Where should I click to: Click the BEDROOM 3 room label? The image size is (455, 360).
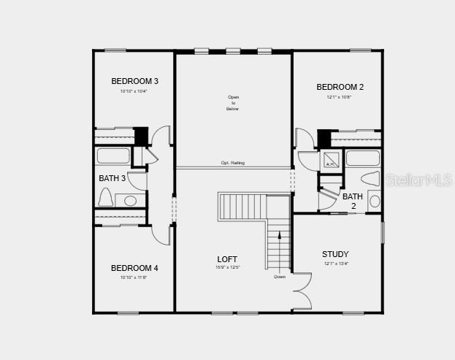tap(134, 81)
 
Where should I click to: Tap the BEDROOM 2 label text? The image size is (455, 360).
tap(340, 87)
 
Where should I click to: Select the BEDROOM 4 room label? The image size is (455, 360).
tap(134, 268)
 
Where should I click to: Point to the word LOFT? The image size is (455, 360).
tap(227, 259)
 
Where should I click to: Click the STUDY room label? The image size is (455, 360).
tap(335, 254)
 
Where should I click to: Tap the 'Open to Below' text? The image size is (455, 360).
tap(233, 103)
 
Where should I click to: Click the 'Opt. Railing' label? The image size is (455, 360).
tap(233, 163)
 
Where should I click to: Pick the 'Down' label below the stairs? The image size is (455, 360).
tap(280, 277)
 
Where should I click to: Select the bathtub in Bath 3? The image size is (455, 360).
tap(113, 156)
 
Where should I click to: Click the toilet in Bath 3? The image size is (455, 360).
tap(105, 198)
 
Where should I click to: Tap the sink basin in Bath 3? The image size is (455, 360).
tap(131, 200)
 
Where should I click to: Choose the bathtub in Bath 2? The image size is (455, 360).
tap(362, 158)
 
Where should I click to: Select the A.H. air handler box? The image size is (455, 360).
tap(329, 161)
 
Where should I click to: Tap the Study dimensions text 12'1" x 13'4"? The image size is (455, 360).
tap(336, 264)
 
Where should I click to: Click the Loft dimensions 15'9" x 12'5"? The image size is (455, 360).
tap(227, 267)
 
